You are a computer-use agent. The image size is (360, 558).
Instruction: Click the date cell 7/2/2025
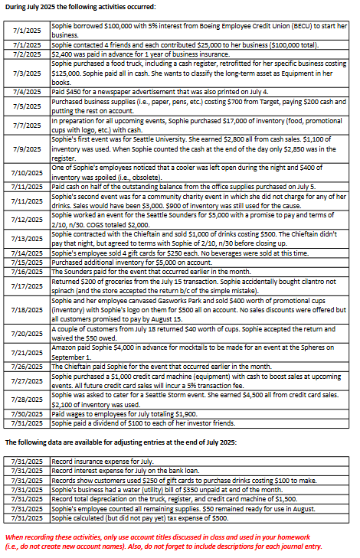[27, 54]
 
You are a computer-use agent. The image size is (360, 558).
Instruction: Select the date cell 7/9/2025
[27, 148]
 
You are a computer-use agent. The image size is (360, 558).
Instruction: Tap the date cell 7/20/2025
[27, 333]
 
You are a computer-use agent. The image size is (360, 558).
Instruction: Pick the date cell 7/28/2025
[27, 399]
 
